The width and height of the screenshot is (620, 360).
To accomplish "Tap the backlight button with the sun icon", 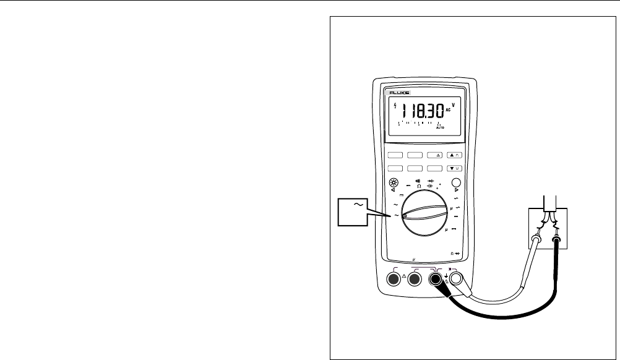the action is tap(393, 182).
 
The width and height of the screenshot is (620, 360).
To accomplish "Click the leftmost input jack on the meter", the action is tap(392, 280).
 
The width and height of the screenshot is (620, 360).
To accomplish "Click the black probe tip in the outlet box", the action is tap(558, 239).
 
